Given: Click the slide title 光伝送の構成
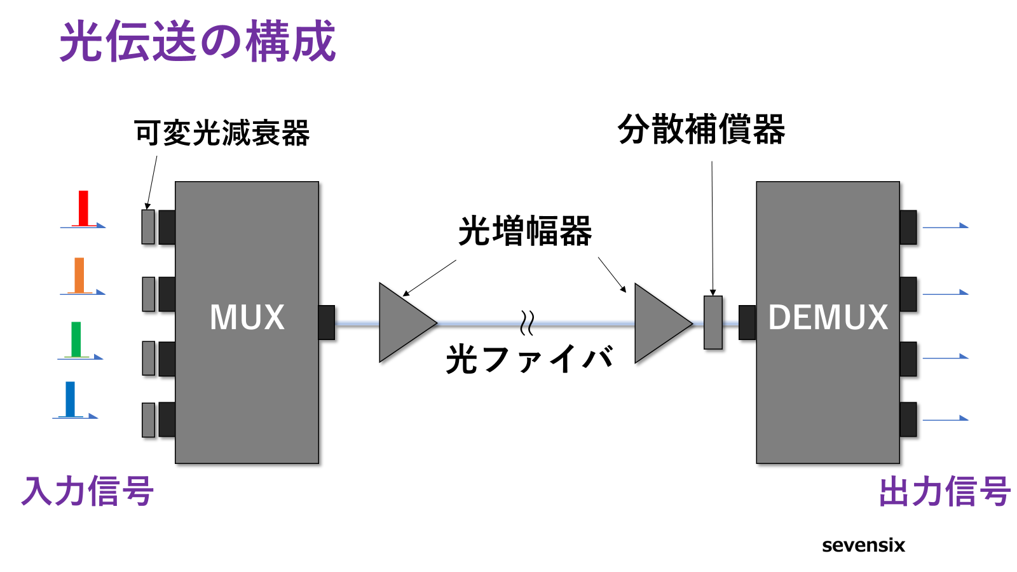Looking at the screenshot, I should pos(197,41).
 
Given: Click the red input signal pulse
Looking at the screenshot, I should pos(83,208).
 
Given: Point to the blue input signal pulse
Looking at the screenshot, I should pos(70,398).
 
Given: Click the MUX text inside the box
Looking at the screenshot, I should pos(247,317).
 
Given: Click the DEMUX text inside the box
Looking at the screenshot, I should pos(828,317).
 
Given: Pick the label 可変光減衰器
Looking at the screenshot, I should pos(222,133).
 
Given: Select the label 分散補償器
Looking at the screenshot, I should pos(701,130).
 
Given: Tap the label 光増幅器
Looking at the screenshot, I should pos(525,231).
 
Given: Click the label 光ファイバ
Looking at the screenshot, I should pos(529,359).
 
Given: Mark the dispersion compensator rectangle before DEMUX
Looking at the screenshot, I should pos(713,322).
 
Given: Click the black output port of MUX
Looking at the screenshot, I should pos(326,322).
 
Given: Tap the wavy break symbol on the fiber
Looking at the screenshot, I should pos(526,323).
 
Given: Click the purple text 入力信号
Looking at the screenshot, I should pos(87,491).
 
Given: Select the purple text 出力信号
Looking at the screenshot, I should pos(945,491).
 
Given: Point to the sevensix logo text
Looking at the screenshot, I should pos(863,545).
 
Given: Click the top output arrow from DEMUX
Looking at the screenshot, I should pos(945,226).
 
